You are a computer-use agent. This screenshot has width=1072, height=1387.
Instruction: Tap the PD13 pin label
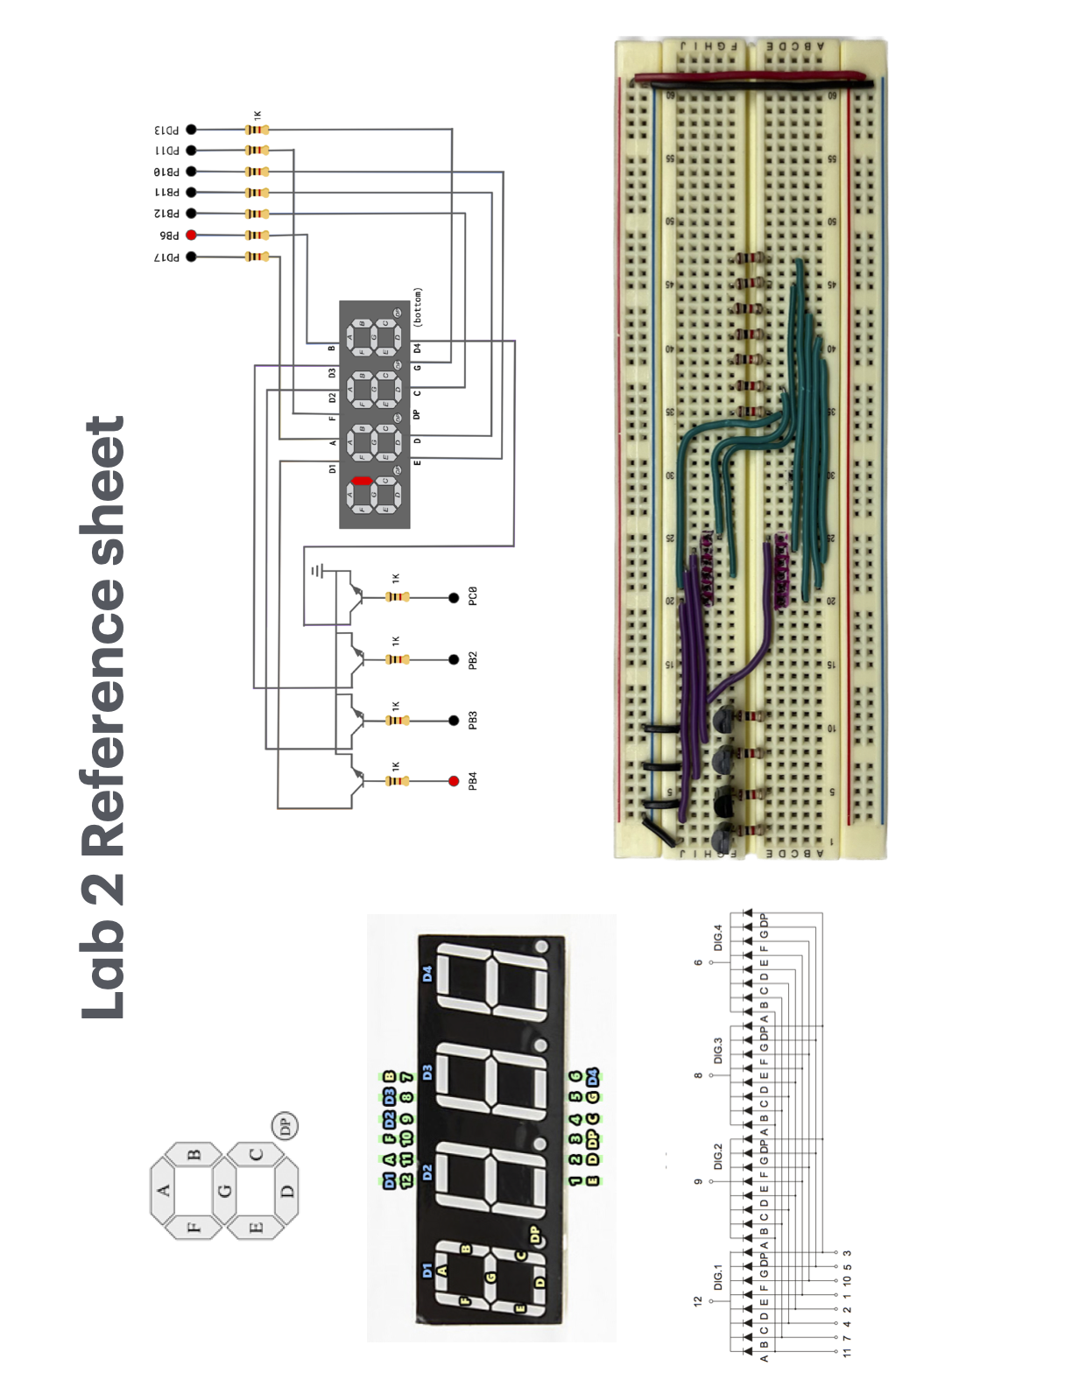(167, 130)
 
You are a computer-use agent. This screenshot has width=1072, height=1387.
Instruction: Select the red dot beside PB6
(191, 235)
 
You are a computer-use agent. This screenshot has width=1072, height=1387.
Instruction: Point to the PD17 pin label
(167, 257)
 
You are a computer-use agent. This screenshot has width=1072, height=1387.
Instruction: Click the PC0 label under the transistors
(473, 597)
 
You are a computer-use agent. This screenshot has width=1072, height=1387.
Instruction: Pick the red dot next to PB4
(454, 781)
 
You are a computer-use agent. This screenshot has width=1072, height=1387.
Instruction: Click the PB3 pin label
(473, 721)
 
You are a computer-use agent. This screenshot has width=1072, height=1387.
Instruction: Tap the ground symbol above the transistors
(317, 572)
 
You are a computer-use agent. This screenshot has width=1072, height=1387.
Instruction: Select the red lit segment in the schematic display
(362, 481)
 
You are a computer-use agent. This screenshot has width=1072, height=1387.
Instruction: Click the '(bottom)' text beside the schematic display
(418, 307)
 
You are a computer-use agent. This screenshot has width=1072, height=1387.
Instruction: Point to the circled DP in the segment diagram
(285, 1125)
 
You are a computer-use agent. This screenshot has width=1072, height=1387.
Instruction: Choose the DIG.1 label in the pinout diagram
(717, 1277)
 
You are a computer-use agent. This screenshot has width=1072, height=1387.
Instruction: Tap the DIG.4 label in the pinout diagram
(717, 937)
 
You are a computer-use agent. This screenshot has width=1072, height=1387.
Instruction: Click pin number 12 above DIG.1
(698, 1302)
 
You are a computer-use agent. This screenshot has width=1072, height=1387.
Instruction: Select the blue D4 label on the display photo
(427, 973)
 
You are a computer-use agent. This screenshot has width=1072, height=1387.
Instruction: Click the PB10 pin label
(167, 172)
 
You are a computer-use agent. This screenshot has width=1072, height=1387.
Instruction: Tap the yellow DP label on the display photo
(535, 1235)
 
